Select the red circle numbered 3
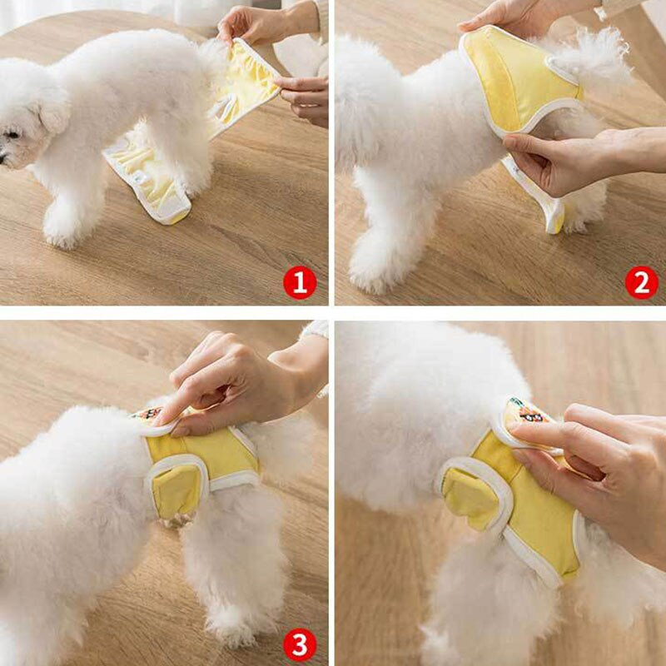(300, 644)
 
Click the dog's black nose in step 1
(4, 156)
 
